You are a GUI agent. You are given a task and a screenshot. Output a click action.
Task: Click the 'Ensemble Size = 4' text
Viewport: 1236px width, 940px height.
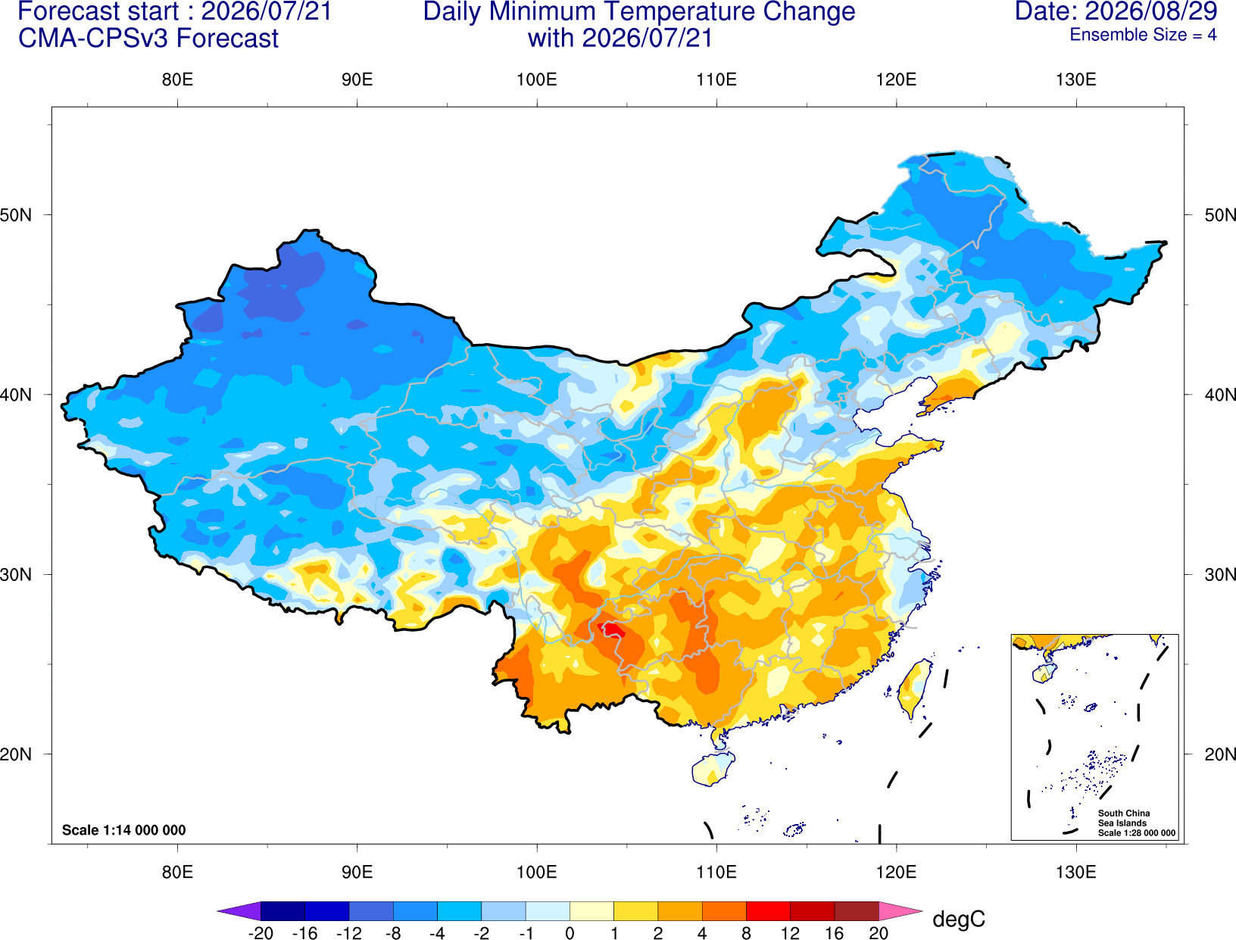pos(1143,35)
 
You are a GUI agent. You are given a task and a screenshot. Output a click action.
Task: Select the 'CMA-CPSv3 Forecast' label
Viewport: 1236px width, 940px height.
pos(148,39)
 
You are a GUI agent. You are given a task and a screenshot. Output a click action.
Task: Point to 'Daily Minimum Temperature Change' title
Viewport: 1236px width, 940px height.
pos(639,12)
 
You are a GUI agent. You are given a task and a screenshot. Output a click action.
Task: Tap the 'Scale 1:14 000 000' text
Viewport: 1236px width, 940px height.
pos(124,830)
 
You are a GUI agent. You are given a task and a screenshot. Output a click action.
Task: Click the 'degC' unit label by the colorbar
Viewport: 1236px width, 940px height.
pos(958,919)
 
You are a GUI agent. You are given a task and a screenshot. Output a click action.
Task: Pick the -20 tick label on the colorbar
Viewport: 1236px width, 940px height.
pos(261,933)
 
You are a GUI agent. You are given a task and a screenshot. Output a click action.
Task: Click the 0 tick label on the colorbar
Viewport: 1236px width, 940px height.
pos(570,933)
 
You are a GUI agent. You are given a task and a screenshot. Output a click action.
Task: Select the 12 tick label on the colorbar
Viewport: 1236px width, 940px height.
pos(790,933)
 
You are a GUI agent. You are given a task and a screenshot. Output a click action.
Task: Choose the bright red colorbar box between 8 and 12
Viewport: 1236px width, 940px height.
pos(768,910)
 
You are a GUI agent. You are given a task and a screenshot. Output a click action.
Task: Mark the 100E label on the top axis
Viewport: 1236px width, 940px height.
pos(537,80)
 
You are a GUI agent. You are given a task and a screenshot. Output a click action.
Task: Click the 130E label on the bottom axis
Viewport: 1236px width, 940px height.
pos(1075,873)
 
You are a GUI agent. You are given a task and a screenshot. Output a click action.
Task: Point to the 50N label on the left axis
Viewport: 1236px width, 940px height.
pos(16,215)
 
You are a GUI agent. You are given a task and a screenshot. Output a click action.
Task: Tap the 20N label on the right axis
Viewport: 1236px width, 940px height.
pos(1220,754)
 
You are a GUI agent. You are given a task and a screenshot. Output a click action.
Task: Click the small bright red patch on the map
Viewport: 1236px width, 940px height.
pos(611,629)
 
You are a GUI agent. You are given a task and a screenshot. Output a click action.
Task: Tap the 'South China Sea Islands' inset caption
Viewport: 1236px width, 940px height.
pos(1124,818)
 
